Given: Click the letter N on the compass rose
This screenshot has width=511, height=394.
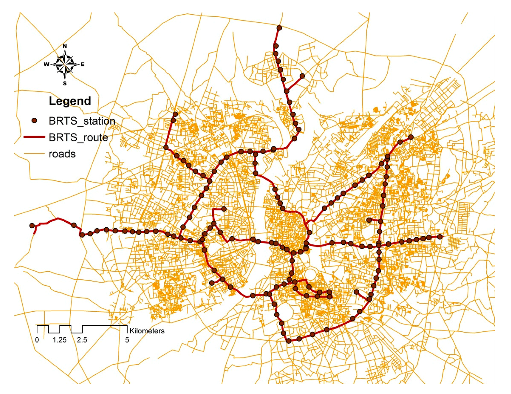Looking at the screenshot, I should coord(65,46).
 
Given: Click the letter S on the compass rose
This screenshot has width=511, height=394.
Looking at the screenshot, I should coord(65,83).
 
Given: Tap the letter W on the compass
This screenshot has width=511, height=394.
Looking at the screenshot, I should coord(46,64).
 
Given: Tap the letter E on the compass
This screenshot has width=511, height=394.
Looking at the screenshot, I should coord(83,64).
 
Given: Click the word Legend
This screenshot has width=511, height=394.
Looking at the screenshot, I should coord(70,101).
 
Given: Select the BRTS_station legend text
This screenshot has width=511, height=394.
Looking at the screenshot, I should coord(82,121).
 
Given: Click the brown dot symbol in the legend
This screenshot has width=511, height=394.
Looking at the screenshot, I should coord(35,121).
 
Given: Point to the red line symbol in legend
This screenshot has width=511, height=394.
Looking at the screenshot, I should coord(34,137).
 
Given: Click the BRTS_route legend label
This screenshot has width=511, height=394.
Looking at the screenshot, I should coord(78,137).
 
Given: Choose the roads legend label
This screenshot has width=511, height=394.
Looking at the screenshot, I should coord(62,154).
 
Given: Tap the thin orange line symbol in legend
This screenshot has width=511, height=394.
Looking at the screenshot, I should coord(34,154).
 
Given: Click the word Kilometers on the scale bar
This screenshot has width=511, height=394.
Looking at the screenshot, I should coord(147,331).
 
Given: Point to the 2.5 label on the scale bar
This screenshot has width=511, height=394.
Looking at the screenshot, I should coord(82,340).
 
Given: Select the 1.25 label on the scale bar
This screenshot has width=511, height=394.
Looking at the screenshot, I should coord(60,340).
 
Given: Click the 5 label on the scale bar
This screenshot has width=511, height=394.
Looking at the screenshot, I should coord(127,340).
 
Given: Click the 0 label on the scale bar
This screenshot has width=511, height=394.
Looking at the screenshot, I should coord(37,340).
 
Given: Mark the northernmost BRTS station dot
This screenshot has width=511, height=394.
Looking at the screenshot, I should coord(279,28).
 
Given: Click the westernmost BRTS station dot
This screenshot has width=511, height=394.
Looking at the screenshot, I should coord(32,225).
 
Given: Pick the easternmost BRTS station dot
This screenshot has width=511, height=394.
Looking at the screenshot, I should coord(440,237).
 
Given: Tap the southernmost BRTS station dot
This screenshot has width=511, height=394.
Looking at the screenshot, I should coord(289,341).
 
